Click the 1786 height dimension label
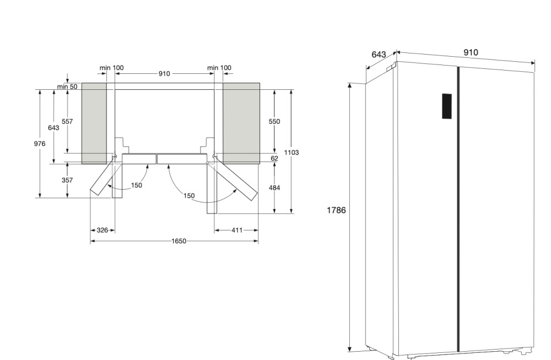(336, 210)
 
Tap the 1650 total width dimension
(179, 241)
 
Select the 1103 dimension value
(291, 152)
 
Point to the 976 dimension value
(40, 143)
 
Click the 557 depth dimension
(67, 121)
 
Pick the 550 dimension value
(274, 121)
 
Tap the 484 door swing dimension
(274, 188)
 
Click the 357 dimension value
(67, 180)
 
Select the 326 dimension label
(102, 230)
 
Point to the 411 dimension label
(237, 230)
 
